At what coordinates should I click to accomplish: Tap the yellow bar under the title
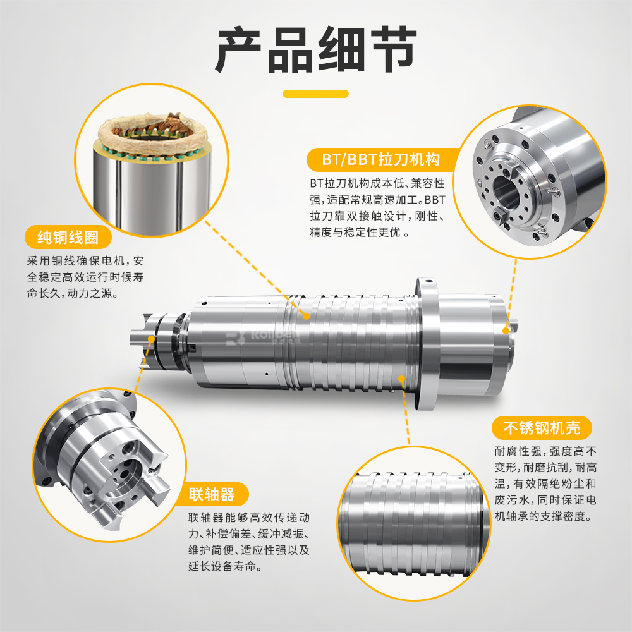tap(315, 94)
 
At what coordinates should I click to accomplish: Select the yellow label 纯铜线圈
tap(68, 237)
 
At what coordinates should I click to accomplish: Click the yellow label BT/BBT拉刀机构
tap(381, 160)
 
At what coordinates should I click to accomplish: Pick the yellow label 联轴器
tap(212, 494)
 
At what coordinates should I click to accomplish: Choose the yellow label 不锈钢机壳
tap(542, 428)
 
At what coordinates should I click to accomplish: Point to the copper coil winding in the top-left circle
tap(153, 131)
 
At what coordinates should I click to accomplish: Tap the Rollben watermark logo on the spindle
tap(263, 336)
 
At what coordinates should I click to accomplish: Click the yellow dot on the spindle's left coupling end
tap(151, 339)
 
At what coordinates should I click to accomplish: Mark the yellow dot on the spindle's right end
tap(506, 331)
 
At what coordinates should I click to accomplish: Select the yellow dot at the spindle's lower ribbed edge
tap(401, 379)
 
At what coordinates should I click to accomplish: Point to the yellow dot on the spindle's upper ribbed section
tap(307, 317)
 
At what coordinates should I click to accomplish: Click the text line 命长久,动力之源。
tap(73, 293)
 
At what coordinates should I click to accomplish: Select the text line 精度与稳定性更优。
tap(360, 232)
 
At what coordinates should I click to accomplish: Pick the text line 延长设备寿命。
tap(226, 566)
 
